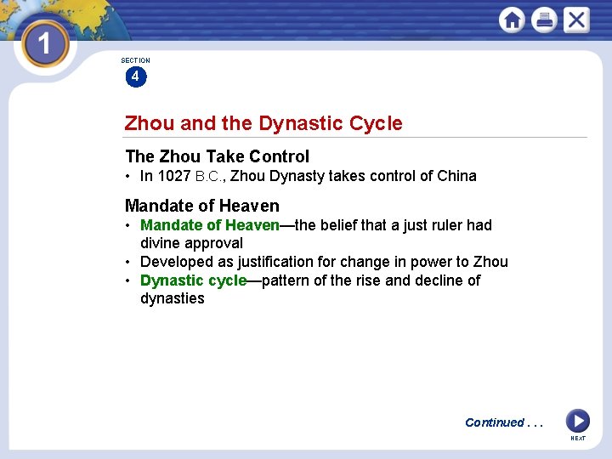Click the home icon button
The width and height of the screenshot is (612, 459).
coord(512,20)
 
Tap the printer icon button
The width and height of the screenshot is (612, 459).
coord(544,20)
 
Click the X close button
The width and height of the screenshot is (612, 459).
coord(576,20)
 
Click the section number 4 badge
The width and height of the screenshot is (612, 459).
coord(135,76)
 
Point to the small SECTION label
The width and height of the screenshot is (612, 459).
coord(135,60)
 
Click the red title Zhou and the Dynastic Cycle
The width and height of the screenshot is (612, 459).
coord(263,123)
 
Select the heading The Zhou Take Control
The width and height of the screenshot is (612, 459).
coord(217,156)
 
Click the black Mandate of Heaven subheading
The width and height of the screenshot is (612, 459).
coord(201,206)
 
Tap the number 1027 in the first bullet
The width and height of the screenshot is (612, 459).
coord(174,177)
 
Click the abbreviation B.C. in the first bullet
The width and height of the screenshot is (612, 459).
coord(209,177)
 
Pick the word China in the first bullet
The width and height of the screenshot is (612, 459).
coord(456,177)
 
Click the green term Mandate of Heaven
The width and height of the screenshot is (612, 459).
coord(209,225)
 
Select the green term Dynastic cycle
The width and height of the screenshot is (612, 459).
coord(193,280)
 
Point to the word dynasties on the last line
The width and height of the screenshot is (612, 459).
coord(172,298)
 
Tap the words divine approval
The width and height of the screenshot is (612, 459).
coord(191,243)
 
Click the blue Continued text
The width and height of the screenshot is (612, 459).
coord(495,422)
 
